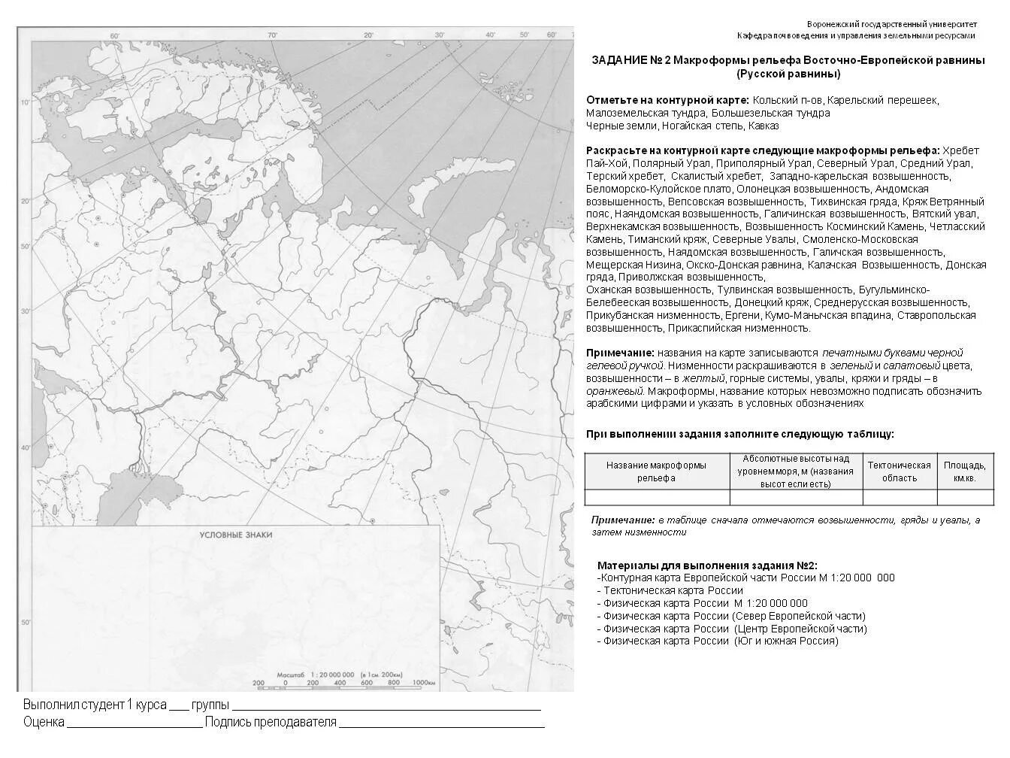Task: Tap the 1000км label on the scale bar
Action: (x=423, y=683)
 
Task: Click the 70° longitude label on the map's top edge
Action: (x=272, y=35)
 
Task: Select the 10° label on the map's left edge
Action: (x=24, y=102)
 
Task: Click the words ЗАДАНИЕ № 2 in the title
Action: (x=630, y=60)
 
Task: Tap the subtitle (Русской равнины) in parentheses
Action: (x=788, y=74)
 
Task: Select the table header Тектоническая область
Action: (x=899, y=471)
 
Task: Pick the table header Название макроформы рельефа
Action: (x=656, y=471)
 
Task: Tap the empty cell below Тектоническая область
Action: (x=899, y=497)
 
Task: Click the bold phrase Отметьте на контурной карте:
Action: (x=667, y=100)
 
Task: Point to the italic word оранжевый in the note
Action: (x=615, y=391)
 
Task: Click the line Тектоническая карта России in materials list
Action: (x=673, y=590)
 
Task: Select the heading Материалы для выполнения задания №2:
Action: (x=707, y=565)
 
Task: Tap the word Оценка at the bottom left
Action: (x=44, y=723)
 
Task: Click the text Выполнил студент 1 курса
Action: (x=94, y=705)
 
